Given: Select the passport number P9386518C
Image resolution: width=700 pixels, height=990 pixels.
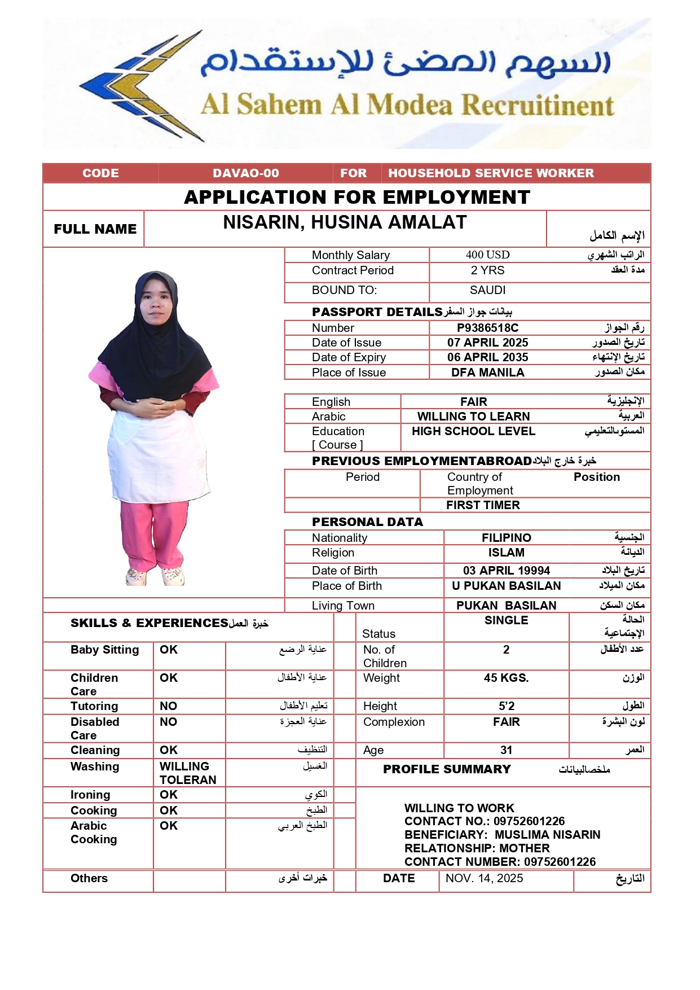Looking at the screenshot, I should (x=487, y=328).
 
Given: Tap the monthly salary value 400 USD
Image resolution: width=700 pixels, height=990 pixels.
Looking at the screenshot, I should (x=487, y=255).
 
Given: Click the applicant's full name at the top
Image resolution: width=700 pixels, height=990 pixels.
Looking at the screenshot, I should (x=345, y=222).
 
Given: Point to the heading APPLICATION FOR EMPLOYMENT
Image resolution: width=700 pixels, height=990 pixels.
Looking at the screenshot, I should (x=357, y=197).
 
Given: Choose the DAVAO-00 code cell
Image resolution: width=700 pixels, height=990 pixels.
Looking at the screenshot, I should (x=245, y=173).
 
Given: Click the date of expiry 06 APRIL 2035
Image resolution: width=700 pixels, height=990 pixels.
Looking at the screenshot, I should (x=487, y=357).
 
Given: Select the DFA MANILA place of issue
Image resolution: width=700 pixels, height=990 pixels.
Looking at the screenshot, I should (x=487, y=373).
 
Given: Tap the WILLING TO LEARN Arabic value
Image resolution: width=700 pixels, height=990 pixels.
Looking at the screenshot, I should (x=473, y=417).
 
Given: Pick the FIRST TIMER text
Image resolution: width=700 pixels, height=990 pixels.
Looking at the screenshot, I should (x=483, y=505).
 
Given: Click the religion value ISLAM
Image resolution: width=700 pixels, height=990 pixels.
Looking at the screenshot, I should (x=506, y=553).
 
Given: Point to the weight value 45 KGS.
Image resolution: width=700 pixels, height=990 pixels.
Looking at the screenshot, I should (x=506, y=678).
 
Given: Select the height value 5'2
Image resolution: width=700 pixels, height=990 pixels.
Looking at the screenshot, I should (x=506, y=706).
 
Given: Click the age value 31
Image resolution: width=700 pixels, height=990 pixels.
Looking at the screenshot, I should (x=506, y=750).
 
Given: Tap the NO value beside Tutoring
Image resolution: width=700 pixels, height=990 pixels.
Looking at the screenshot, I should (x=168, y=706).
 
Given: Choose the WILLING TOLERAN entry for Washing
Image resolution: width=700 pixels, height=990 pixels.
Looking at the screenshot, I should (x=187, y=773).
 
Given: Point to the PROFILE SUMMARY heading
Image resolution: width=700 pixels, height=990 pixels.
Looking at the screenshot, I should (x=447, y=769).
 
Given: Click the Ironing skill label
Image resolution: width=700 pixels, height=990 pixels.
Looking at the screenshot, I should (x=90, y=795).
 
